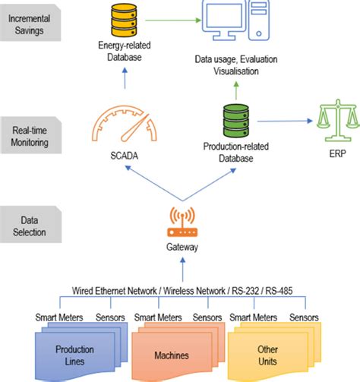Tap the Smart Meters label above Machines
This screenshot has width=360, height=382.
pos(156,317)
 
